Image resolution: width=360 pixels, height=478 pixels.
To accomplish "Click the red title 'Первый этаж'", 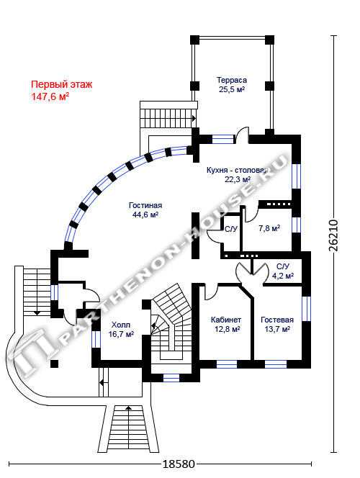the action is [x=62, y=84].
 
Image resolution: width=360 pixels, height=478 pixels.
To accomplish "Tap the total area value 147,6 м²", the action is [x=50, y=96].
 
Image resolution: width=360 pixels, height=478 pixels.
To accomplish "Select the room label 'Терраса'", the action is [x=232, y=80].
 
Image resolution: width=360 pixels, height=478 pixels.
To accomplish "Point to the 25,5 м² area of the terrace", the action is [x=232, y=89].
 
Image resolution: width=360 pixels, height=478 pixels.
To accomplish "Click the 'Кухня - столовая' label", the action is [x=237, y=170].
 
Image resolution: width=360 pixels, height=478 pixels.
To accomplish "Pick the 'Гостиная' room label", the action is [x=145, y=205].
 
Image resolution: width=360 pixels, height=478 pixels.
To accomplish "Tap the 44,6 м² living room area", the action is [x=145, y=215].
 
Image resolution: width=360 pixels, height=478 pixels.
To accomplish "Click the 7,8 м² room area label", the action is [x=269, y=228].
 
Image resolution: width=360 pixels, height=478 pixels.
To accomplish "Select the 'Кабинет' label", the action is [x=226, y=320].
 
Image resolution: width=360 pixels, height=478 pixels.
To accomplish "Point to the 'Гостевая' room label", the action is [x=277, y=320].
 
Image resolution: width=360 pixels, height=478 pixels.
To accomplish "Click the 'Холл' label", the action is [x=121, y=325].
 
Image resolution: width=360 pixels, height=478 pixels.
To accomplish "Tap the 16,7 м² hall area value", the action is [x=121, y=334].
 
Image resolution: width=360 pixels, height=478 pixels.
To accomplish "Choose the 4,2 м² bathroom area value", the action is [x=283, y=276].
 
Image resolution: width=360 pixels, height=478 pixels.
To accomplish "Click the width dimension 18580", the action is [x=179, y=464].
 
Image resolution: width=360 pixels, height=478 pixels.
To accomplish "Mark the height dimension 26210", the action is [x=333, y=235].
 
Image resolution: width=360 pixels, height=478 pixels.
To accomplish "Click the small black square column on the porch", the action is [x=54, y=364].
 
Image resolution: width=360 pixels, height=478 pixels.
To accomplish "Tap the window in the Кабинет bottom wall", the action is [x=227, y=364].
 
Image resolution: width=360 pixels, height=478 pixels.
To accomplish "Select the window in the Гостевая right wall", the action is [x=306, y=309].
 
